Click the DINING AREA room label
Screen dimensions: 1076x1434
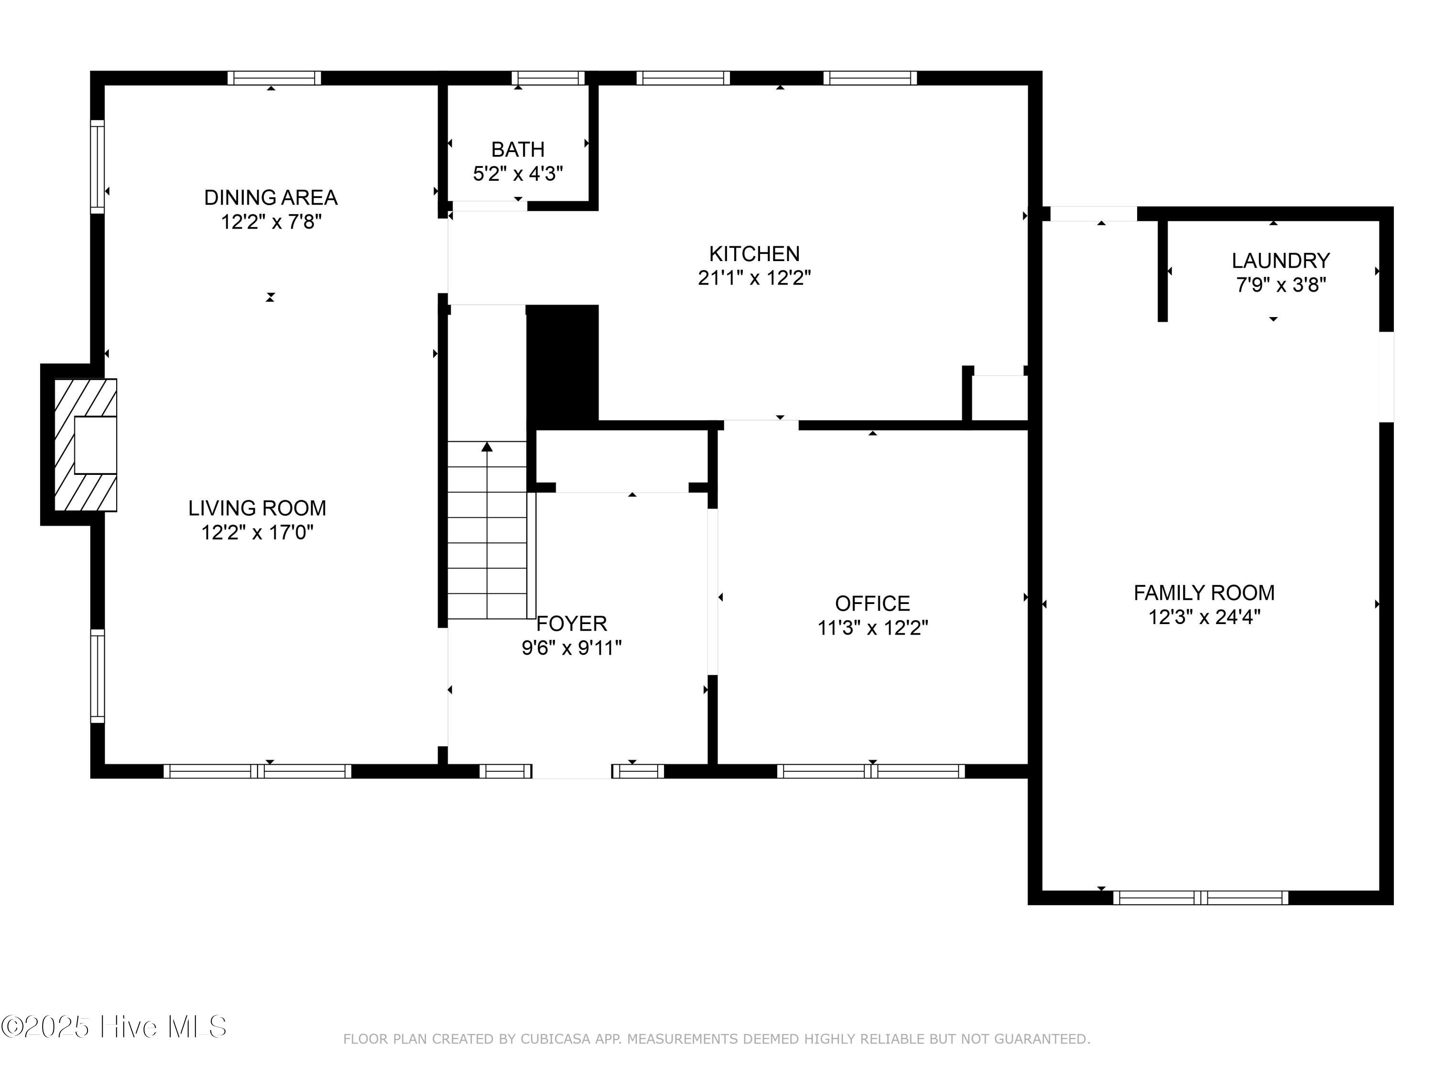271,197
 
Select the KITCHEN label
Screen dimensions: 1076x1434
754,253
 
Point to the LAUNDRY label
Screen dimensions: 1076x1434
1281,261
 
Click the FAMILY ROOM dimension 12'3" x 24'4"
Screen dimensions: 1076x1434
1204,617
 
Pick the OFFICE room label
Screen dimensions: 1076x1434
872,604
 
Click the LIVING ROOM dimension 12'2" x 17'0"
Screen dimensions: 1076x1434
257,532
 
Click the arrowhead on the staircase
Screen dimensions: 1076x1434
487,447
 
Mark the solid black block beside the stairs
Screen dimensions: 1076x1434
562,363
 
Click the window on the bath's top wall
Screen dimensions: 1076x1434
548,78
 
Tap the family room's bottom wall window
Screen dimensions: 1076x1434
1201,898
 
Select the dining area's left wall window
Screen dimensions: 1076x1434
97,167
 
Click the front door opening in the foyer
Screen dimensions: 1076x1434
571,772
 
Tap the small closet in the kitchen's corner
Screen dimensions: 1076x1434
999,397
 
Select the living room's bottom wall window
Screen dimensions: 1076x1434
257,771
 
